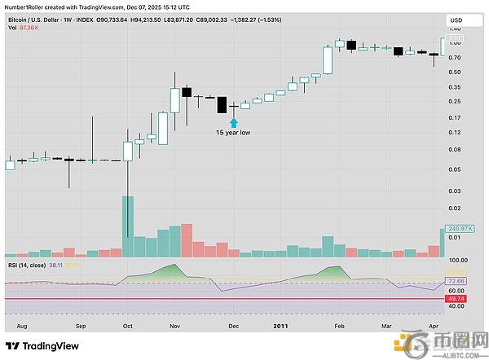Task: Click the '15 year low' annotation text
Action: (233, 131)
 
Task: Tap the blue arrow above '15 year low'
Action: (234, 119)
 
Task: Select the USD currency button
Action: (458, 19)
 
